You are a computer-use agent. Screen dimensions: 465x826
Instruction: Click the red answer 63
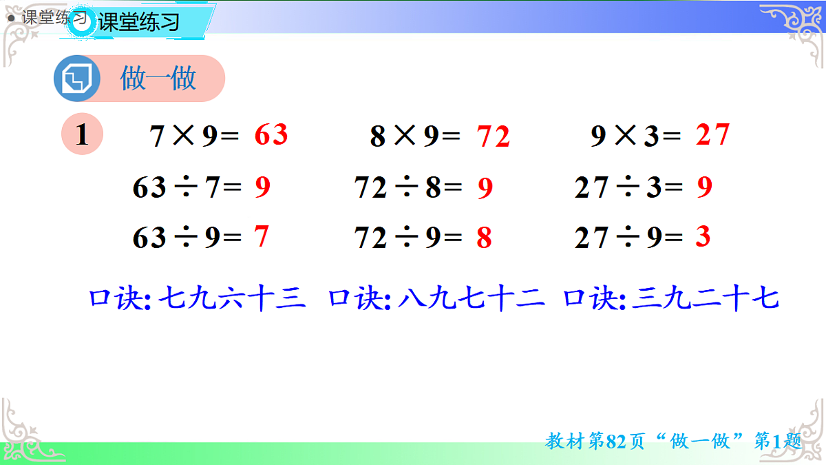pyautogui.click(x=271, y=135)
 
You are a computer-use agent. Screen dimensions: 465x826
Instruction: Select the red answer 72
pyautogui.click(x=494, y=137)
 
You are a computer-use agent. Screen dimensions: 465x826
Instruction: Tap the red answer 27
pyautogui.click(x=712, y=135)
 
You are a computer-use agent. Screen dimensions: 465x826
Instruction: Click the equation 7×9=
pyautogui.click(x=194, y=136)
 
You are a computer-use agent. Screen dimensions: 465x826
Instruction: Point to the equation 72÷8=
pyautogui.click(x=407, y=187)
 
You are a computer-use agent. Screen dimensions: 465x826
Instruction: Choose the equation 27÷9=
pyautogui.click(x=628, y=238)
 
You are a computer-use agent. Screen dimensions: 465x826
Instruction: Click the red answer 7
pyautogui.click(x=261, y=237)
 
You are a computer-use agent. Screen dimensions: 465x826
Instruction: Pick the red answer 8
pyautogui.click(x=484, y=238)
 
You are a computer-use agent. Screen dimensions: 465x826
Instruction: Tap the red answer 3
pyautogui.click(x=702, y=237)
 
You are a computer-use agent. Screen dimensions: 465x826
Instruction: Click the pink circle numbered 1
pyautogui.click(x=82, y=134)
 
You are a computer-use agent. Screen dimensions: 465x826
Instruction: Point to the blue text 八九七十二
pyautogui.click(x=472, y=300)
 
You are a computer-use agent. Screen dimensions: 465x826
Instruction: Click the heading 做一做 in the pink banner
pyautogui.click(x=158, y=79)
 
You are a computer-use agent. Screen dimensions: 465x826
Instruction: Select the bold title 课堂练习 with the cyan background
pyautogui.click(x=139, y=22)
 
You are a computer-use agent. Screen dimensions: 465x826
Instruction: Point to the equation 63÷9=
pyautogui.click(x=187, y=238)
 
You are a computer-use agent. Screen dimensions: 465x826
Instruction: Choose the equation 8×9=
pyautogui.click(x=414, y=136)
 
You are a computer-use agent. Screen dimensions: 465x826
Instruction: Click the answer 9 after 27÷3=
pyautogui.click(x=704, y=187)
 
